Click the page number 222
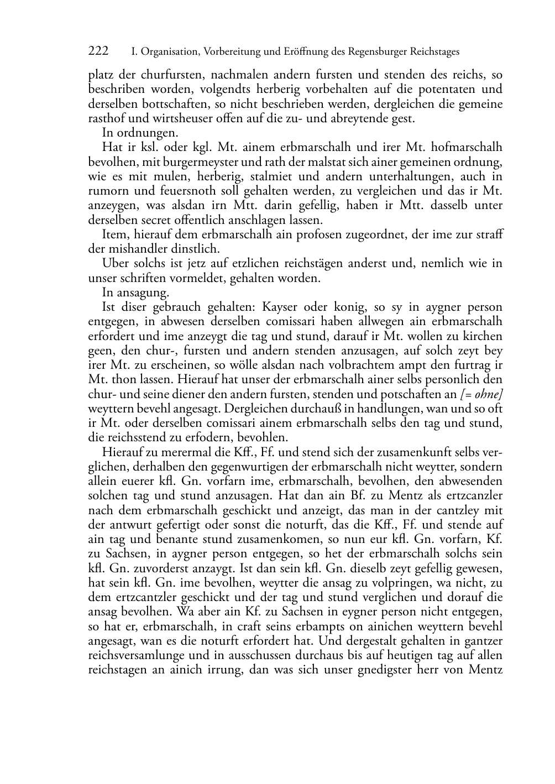click(98, 51)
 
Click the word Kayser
click(281, 307)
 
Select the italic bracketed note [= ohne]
click(481, 394)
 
